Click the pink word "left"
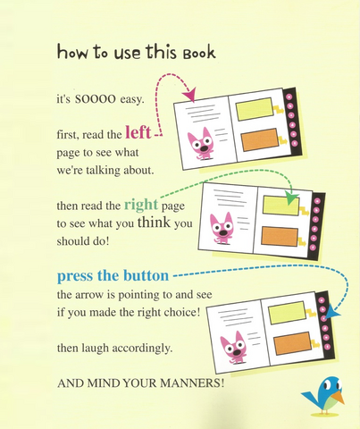coord(138,132)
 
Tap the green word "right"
coord(141,205)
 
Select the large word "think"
coord(154,223)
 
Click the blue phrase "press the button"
coord(113,276)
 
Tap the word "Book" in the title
coord(199,53)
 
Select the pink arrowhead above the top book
coord(189,95)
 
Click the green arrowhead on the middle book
coord(291,198)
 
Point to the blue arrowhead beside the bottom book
coord(332,312)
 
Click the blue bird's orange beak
coord(339,397)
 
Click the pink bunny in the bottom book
coord(233,348)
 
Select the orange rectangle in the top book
coord(259,139)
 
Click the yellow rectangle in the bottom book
coord(287,313)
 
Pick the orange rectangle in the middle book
coord(280,236)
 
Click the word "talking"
coord(104,171)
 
